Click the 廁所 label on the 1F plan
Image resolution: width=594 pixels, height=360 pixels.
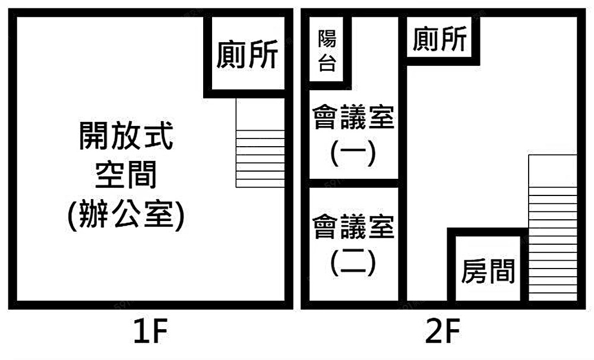pyautogui.click(x=247, y=55)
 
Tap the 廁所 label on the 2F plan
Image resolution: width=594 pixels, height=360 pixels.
pyautogui.click(x=440, y=40)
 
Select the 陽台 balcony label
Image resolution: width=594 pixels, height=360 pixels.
pyautogui.click(x=327, y=52)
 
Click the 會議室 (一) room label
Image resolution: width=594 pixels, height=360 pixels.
pyautogui.click(x=353, y=135)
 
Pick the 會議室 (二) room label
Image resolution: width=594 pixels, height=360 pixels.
pyautogui.click(x=353, y=244)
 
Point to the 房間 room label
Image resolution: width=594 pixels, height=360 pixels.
pyautogui.click(x=488, y=273)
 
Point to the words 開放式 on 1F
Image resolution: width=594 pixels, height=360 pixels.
pyautogui.click(x=127, y=136)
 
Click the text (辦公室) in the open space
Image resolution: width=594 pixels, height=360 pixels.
pyautogui.click(x=127, y=215)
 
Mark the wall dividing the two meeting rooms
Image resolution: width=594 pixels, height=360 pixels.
pyautogui.click(x=353, y=183)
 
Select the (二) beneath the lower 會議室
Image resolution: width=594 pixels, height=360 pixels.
pyautogui.click(x=353, y=262)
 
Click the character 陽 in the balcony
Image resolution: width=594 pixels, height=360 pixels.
pyautogui.click(x=327, y=40)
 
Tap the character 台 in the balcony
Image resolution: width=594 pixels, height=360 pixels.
pyautogui.click(x=327, y=64)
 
